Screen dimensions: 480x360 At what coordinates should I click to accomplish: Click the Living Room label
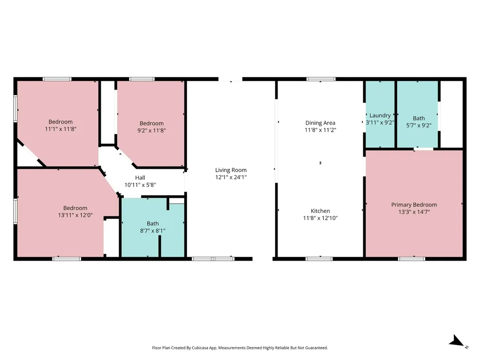pos(231,170)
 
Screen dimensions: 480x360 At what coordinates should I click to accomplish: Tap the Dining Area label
pos(320,123)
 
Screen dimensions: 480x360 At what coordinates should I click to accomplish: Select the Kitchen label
pos(320,211)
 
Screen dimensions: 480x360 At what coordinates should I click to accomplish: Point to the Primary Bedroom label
pos(414,205)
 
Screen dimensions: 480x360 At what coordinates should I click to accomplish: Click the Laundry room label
pos(380,116)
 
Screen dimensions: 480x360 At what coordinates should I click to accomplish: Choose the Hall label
pos(140,178)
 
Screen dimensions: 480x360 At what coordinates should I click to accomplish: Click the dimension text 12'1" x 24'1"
pos(231,177)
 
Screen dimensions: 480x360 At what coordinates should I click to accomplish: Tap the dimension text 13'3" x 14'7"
pos(414,212)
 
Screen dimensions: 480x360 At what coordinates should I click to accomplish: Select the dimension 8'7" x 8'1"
pos(153,231)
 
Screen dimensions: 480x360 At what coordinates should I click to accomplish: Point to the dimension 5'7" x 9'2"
pos(419,126)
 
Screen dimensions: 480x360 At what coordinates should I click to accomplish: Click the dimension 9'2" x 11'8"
pos(151,130)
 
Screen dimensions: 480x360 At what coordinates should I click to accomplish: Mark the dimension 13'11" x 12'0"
pos(75,215)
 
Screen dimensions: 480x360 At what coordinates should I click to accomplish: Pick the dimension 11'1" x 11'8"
pos(60,129)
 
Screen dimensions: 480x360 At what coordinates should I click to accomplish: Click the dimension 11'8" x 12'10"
pos(320,218)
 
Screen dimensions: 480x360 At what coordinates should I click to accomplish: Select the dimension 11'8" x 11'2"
pos(320,130)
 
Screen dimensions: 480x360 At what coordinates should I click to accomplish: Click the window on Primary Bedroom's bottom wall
pos(412,259)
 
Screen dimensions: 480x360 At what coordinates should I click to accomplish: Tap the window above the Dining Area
pos(321,79)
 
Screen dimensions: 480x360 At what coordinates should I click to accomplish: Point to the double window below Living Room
pos(213,259)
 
